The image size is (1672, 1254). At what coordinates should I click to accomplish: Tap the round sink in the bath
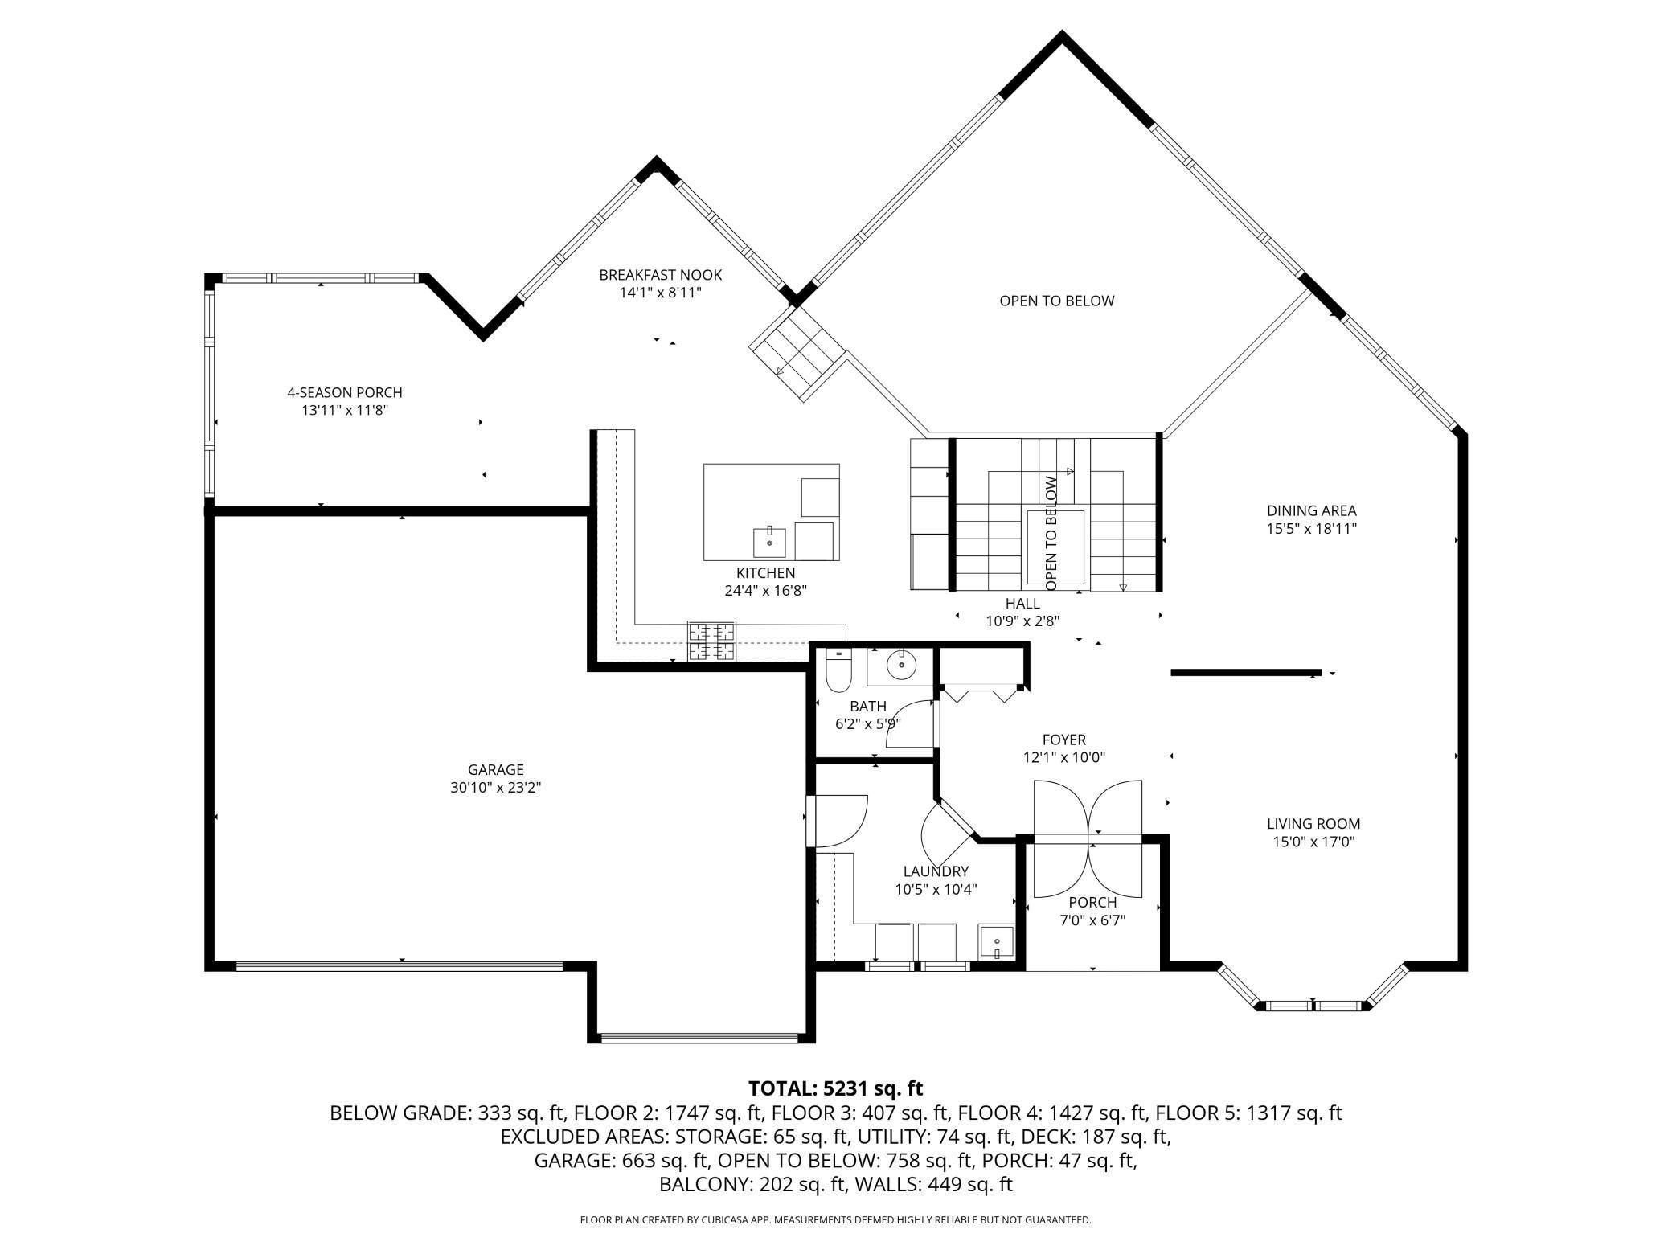pos(902,665)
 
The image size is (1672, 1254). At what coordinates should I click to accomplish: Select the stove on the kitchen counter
pos(711,641)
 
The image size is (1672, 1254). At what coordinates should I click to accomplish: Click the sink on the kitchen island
pos(770,543)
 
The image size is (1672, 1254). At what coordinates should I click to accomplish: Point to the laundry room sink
pos(997,941)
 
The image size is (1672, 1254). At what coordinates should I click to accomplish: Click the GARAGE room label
pos(495,769)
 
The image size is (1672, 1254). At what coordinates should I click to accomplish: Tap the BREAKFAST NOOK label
pos(661,275)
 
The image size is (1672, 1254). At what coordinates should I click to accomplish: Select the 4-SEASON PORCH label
pos(345,392)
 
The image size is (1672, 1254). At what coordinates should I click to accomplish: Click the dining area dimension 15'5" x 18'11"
pos(1312,529)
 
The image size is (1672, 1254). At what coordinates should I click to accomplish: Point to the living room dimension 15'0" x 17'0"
pos(1313,842)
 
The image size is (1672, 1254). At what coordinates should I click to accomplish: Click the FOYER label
pos(1064,740)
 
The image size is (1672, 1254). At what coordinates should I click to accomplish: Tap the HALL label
pos(1022,603)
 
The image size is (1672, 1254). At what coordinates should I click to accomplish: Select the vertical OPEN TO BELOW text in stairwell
pos(1051,533)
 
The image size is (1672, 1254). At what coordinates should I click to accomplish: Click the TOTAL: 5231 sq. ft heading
pos(836,1088)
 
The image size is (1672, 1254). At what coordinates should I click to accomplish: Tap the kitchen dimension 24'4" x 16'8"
pos(765,591)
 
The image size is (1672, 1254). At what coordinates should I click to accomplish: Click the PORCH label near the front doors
pos(1092,902)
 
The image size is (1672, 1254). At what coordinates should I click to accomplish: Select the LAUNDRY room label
pos(936,871)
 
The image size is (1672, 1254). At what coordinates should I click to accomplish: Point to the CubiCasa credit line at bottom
pos(836,1219)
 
